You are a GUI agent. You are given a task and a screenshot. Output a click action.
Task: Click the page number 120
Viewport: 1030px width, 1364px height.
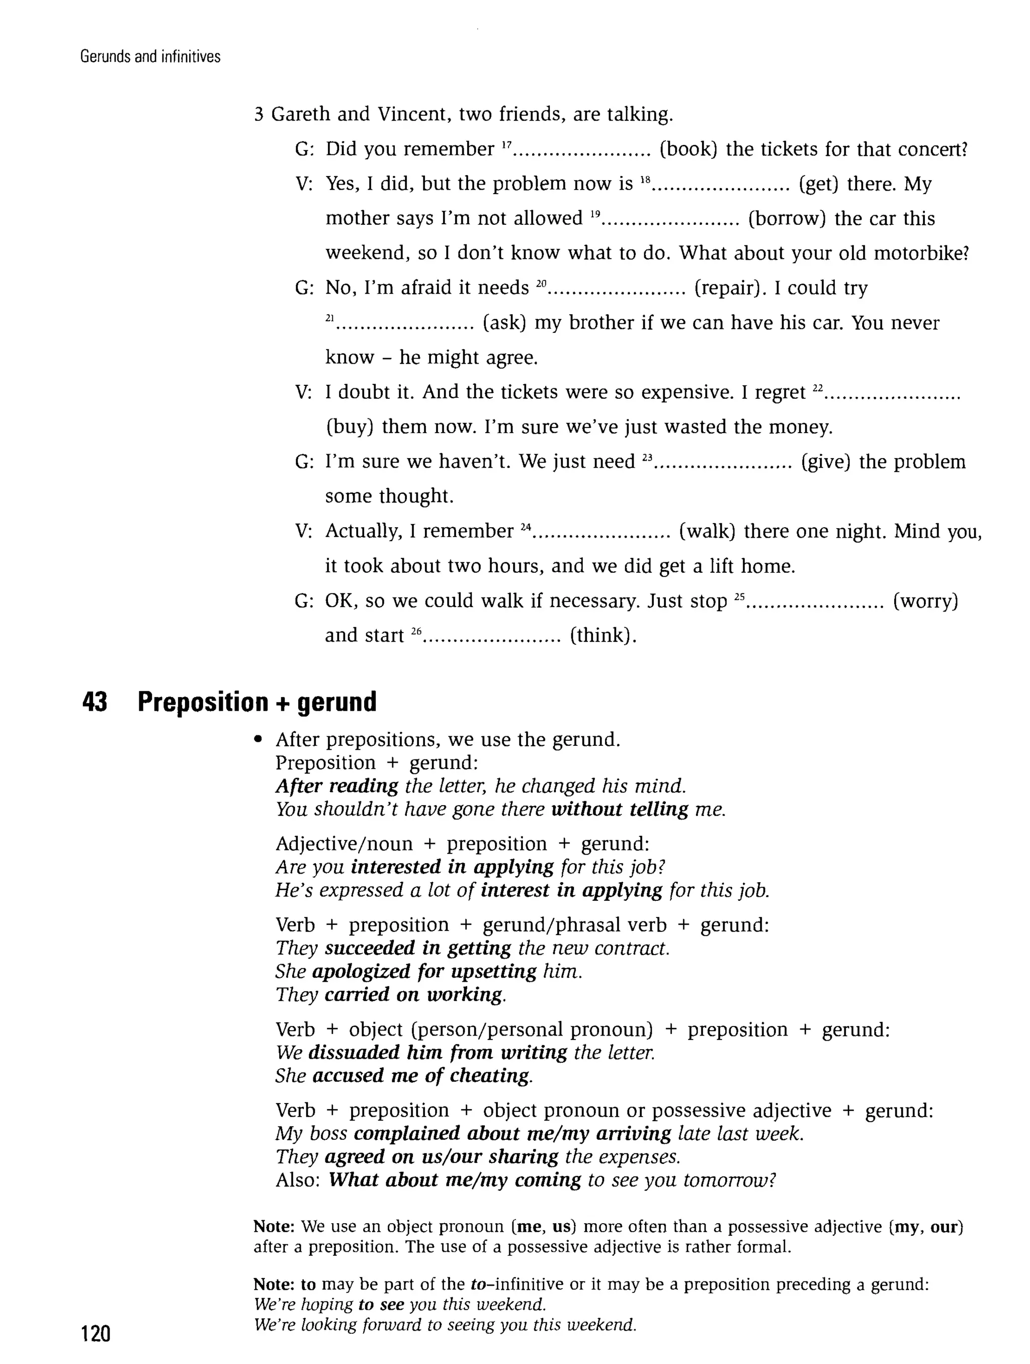[x=96, y=1334]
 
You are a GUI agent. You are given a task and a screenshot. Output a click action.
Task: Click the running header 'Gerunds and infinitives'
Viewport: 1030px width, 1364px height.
[x=150, y=57]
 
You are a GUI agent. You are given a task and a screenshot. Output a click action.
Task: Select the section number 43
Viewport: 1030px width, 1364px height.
[x=95, y=702]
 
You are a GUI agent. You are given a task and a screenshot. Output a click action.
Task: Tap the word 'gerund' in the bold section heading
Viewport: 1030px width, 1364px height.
[x=337, y=702]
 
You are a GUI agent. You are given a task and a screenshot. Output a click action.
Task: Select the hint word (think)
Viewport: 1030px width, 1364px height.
[x=603, y=635]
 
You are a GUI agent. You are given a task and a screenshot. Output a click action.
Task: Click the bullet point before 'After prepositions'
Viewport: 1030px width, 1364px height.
[x=259, y=740]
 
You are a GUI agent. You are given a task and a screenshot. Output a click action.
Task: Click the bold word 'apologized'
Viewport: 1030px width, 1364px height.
[x=361, y=971]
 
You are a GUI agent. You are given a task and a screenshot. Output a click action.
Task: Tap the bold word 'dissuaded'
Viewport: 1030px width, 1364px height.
[x=354, y=1052]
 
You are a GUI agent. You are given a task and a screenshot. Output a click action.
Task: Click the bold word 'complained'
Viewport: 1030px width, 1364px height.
[x=407, y=1133]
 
